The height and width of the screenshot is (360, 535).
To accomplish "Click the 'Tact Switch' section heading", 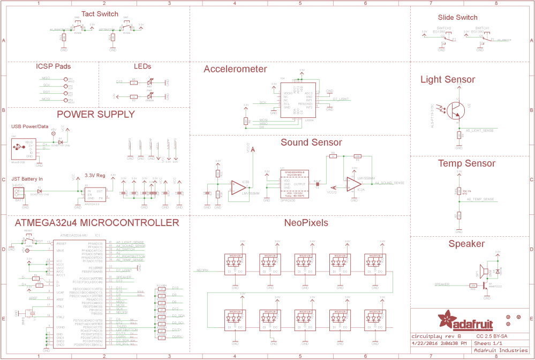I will (x=100, y=14).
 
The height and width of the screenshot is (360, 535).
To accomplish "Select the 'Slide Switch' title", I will (x=457, y=18).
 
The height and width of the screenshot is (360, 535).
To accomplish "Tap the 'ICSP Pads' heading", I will (x=53, y=66).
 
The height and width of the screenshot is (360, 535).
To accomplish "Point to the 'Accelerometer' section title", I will (x=235, y=69).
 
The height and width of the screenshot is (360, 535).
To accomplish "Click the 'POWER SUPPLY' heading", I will (x=96, y=114).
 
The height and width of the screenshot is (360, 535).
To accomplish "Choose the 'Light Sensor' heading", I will (x=447, y=80).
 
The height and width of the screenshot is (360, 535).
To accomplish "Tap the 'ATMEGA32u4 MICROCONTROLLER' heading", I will (x=96, y=222).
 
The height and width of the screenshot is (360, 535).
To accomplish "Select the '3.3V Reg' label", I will (x=95, y=176).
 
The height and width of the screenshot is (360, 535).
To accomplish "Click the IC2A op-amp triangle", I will (x=352, y=183).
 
